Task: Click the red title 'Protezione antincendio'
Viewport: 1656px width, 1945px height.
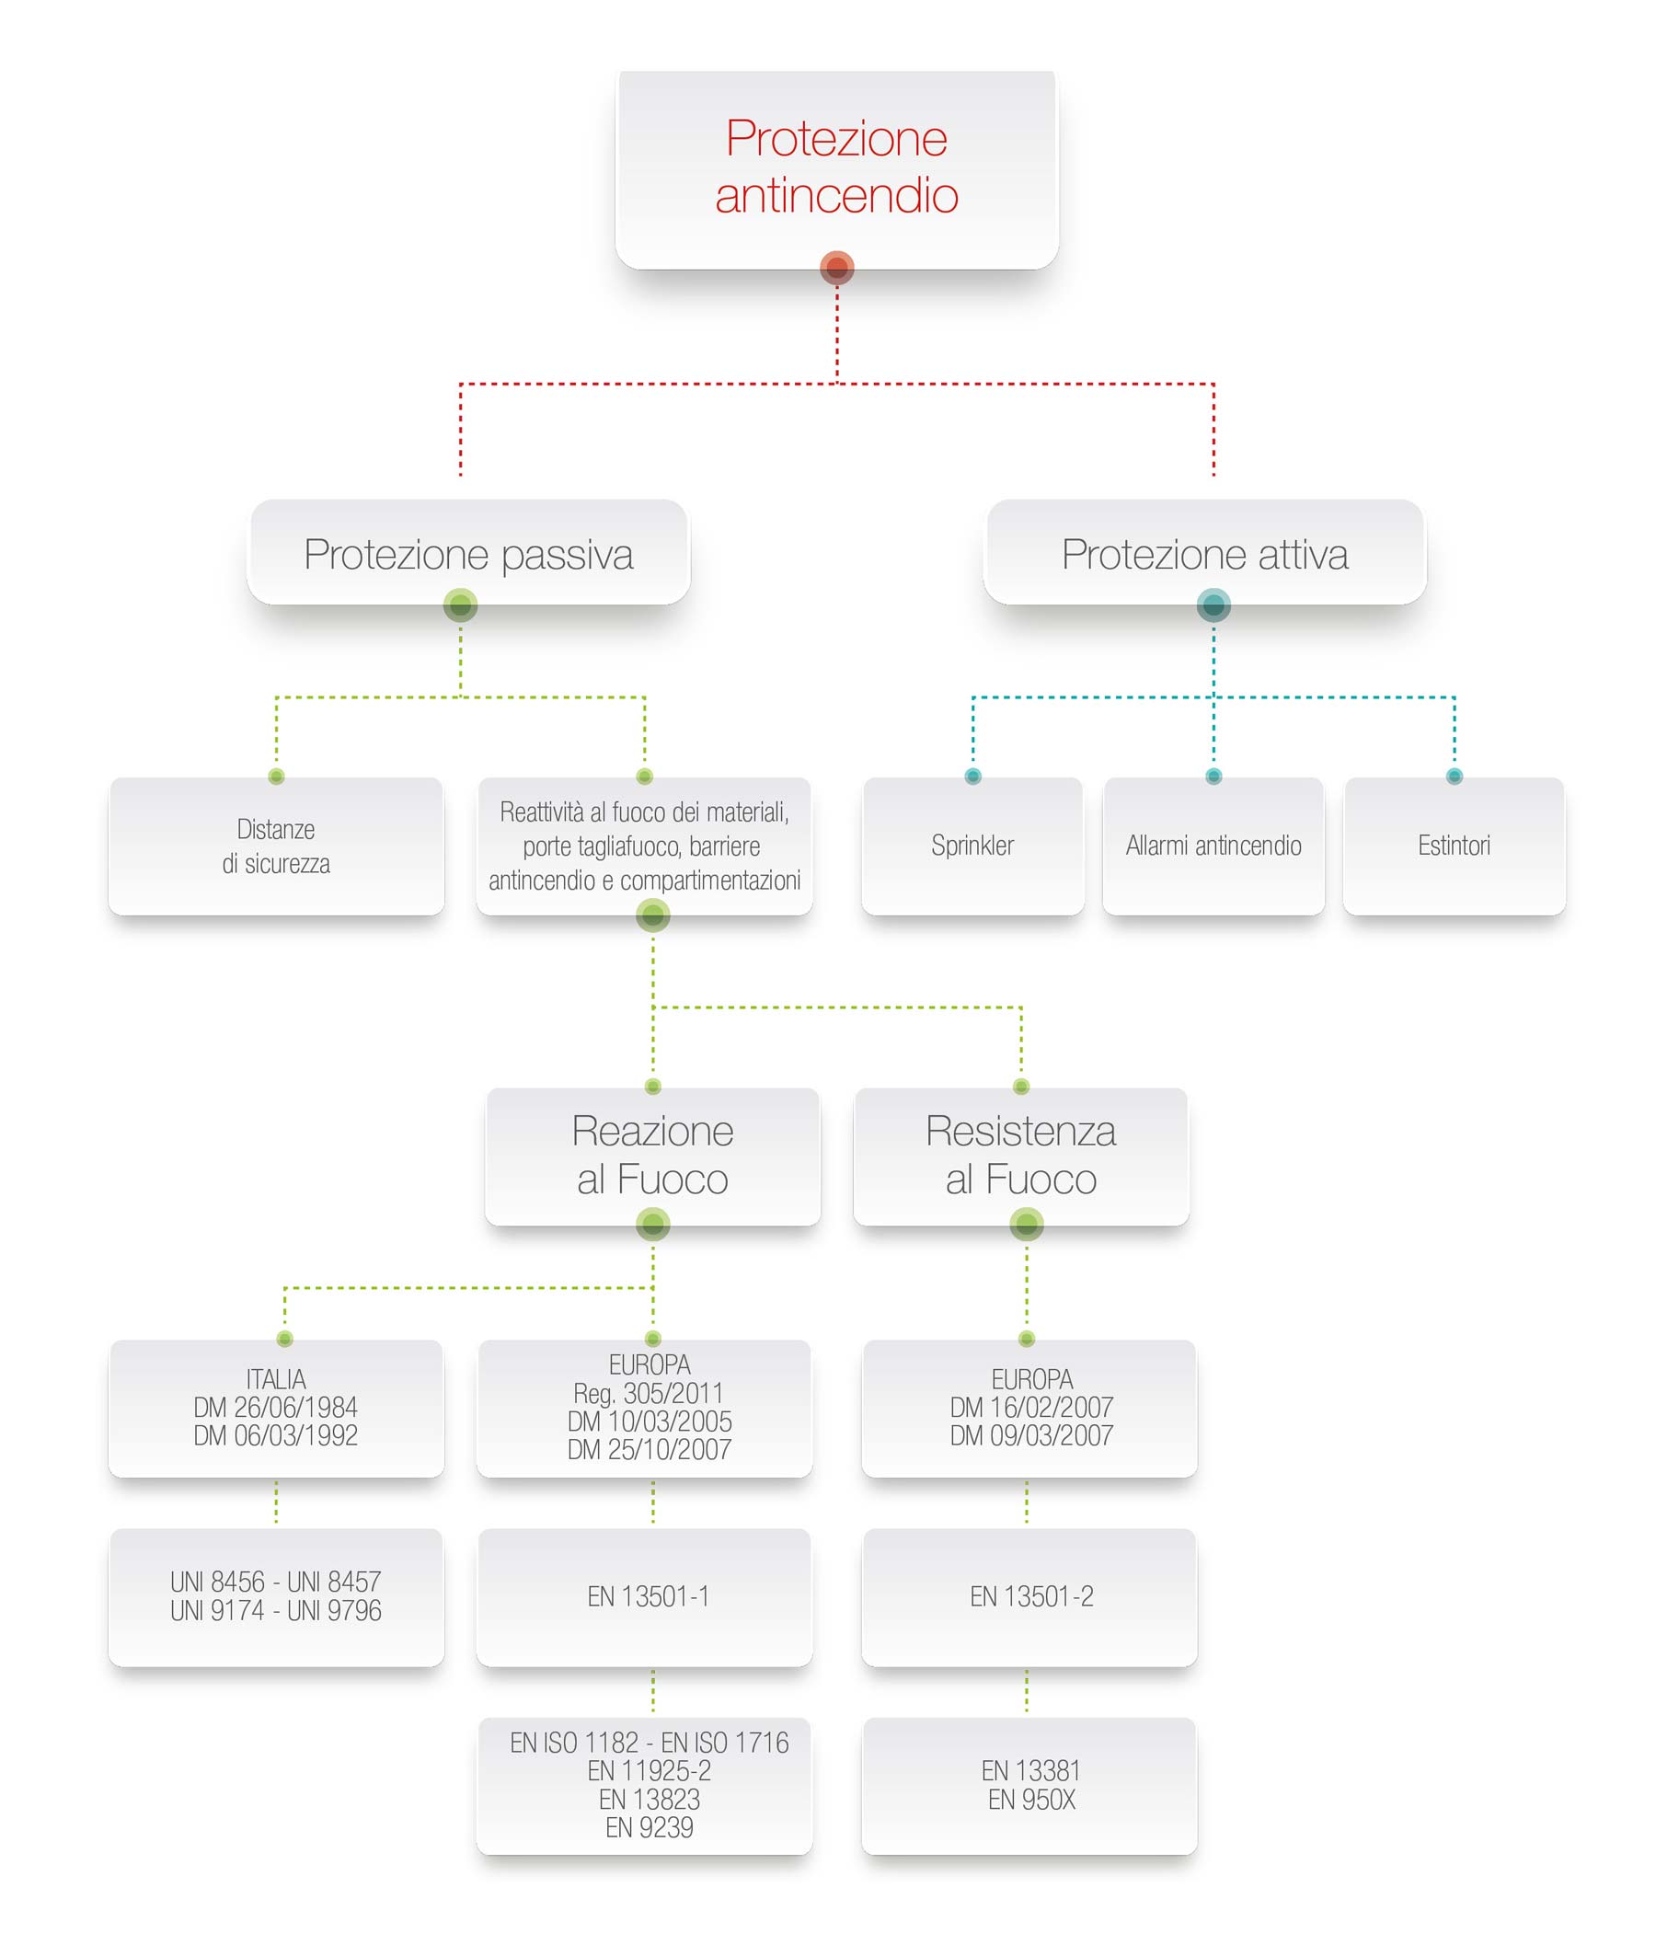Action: [x=836, y=167]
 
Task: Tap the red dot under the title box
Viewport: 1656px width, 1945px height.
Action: [x=836, y=268]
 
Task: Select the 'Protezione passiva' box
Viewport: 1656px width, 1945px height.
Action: [x=468, y=552]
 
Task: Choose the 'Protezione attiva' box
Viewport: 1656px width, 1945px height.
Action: [x=1205, y=552]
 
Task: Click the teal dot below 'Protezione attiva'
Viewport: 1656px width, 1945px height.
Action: [x=1213, y=605]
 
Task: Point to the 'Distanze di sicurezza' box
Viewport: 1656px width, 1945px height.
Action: [x=276, y=846]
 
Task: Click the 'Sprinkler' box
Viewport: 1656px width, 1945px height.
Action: [x=972, y=846]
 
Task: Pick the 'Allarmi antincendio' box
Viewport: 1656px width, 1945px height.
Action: [x=1213, y=846]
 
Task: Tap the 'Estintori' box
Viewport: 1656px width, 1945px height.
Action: [x=1455, y=846]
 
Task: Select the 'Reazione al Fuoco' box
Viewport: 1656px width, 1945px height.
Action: [x=652, y=1156]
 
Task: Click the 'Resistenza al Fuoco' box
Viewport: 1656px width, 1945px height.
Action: [x=1021, y=1156]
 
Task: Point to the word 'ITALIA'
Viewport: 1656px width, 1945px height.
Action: [x=276, y=1379]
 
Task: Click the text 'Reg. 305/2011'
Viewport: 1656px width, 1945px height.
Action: [x=649, y=1393]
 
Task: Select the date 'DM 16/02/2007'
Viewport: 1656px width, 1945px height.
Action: [x=1031, y=1407]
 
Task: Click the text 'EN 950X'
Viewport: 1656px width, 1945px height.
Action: [x=1031, y=1800]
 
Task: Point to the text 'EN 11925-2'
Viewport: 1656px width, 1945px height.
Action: [x=650, y=1771]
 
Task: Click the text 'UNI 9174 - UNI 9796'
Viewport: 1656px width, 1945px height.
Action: [x=276, y=1611]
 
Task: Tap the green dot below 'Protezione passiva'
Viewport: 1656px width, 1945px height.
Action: [x=460, y=605]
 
